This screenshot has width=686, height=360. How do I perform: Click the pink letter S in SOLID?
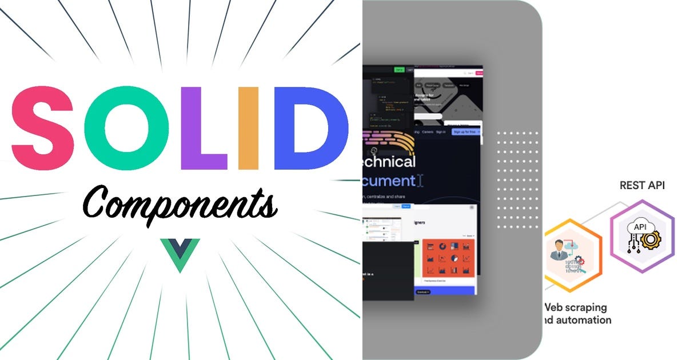pyautogui.click(x=43, y=129)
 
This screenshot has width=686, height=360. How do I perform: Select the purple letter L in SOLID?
pyautogui.click(x=200, y=129)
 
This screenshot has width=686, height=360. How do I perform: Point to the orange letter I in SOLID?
pyautogui.click(x=249, y=129)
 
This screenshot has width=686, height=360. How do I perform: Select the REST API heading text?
pyautogui.click(x=642, y=185)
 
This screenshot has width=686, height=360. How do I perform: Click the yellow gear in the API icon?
pyautogui.click(x=651, y=239)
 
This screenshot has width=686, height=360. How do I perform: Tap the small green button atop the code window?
pyautogui.click(x=399, y=70)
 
